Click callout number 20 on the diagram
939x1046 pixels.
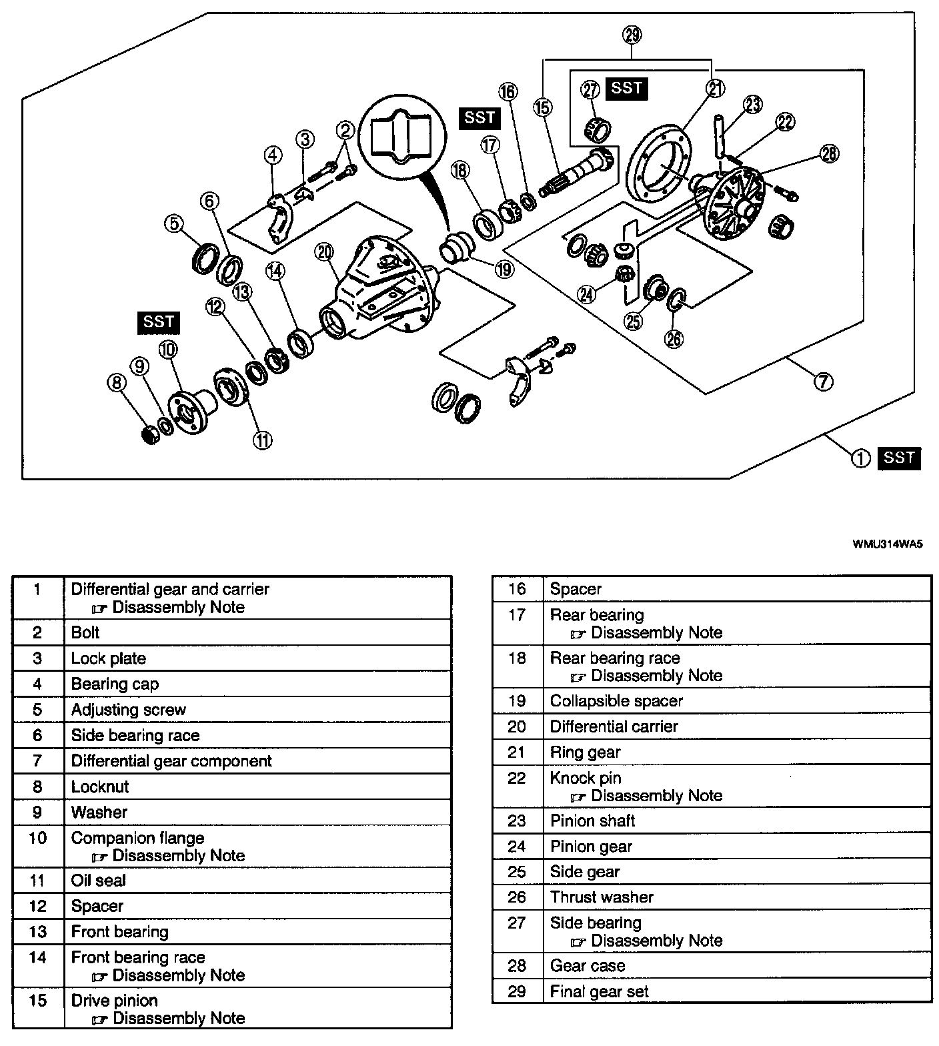325,252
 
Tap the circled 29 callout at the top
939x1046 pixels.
632,34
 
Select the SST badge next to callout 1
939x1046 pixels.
899,458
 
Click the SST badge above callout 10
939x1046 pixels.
159,322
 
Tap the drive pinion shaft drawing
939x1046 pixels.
578,173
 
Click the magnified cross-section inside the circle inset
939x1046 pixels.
399,133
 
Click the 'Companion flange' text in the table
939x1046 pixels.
137,838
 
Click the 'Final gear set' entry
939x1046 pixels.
599,991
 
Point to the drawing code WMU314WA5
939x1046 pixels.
888,543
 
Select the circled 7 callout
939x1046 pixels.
823,382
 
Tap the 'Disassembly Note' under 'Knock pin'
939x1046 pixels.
656,796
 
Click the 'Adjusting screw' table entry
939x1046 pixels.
129,710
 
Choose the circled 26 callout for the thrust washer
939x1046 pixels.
674,339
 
